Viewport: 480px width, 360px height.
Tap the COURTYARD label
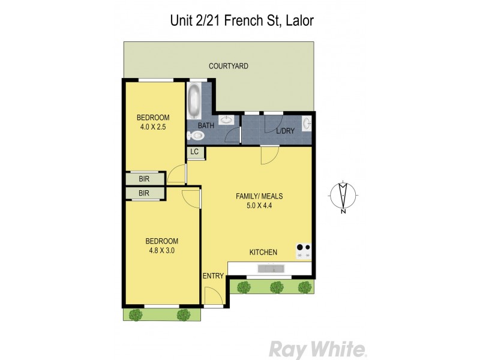pos(228,66)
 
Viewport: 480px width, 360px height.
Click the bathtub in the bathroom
pos(194,101)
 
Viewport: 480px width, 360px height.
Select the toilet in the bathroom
pos(196,136)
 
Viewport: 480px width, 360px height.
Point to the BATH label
pos(206,126)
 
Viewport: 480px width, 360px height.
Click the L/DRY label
pos(284,131)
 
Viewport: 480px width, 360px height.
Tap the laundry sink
pos(307,124)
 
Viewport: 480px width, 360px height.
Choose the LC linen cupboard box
pos(194,152)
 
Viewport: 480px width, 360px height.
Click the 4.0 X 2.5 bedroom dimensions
pos(152,127)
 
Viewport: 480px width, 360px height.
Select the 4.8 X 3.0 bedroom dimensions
pos(161,251)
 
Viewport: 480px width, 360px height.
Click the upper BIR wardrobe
pos(144,179)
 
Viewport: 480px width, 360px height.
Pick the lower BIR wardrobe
pos(144,193)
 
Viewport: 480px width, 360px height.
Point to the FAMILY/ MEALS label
pos(259,196)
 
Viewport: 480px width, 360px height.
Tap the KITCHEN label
pos(263,252)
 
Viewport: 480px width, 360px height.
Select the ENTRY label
pos(213,276)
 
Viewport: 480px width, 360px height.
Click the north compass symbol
pos(343,196)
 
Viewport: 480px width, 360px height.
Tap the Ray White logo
pos(317,349)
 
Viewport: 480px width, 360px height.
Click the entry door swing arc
pos(212,296)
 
